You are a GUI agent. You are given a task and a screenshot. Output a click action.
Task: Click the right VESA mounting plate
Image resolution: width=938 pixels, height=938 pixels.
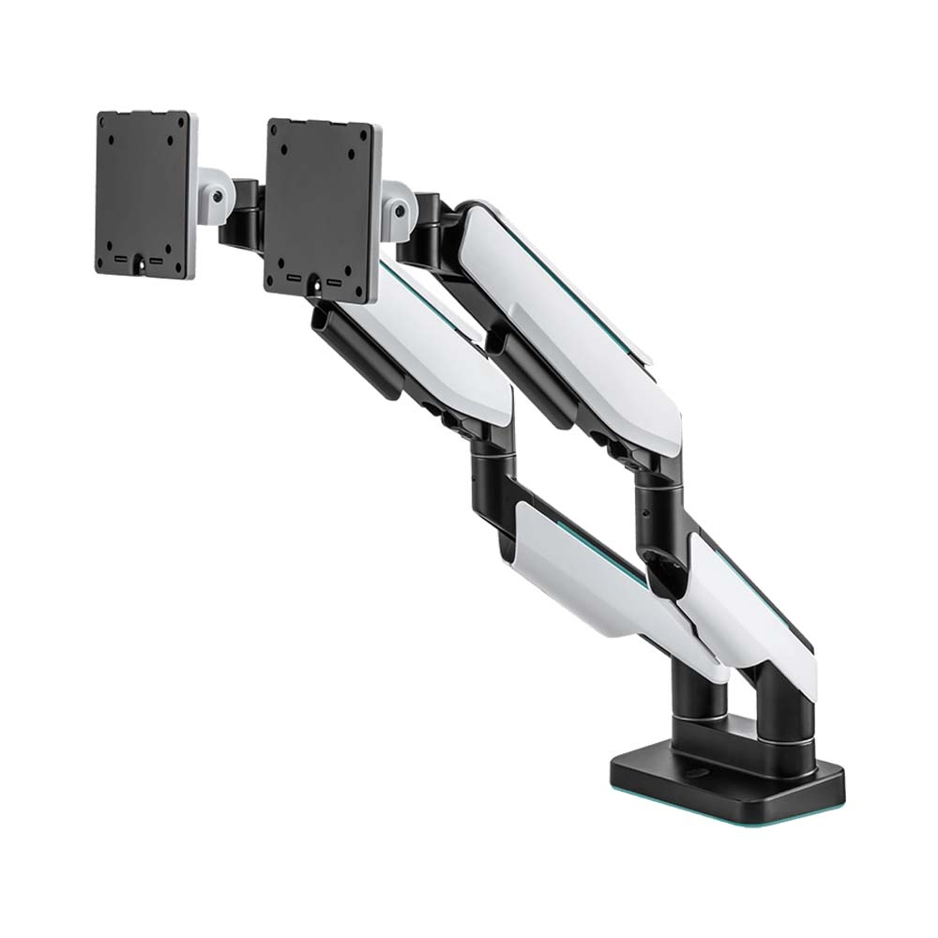(320, 206)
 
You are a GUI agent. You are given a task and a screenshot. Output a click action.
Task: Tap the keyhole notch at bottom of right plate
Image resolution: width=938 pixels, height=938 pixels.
(313, 282)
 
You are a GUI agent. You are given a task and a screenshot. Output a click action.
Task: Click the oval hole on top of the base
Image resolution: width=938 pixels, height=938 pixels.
(700, 775)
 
